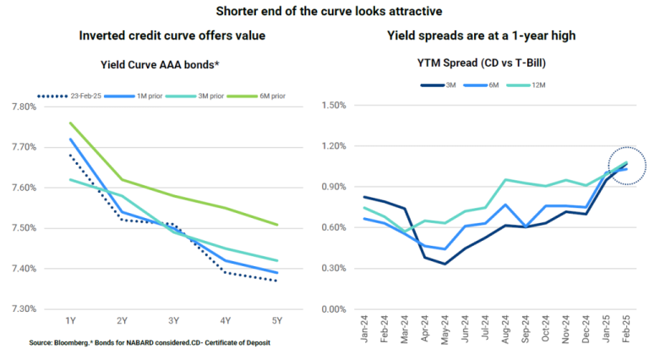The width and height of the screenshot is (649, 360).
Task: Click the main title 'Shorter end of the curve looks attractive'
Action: (325, 11)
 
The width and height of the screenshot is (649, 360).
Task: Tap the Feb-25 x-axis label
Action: (625, 328)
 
